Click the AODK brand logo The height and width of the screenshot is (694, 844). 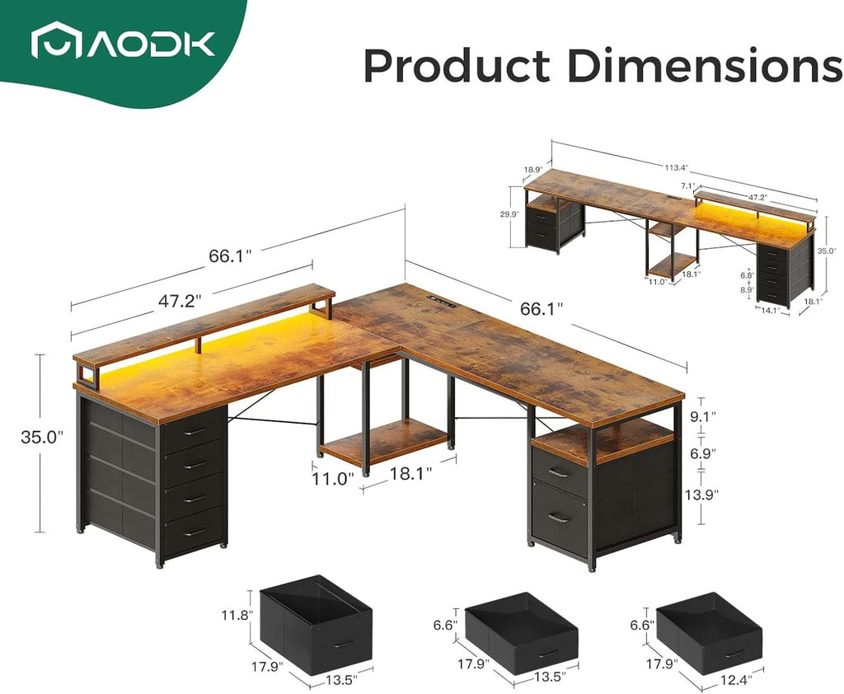[x=123, y=43]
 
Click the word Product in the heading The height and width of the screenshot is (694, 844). [x=456, y=66]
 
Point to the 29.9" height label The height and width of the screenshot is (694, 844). [x=509, y=213]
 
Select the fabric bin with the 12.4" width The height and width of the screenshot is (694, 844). [x=710, y=632]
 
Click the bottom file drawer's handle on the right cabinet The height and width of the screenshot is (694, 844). [x=559, y=518]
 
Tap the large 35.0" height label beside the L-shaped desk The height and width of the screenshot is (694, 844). [x=42, y=438]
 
